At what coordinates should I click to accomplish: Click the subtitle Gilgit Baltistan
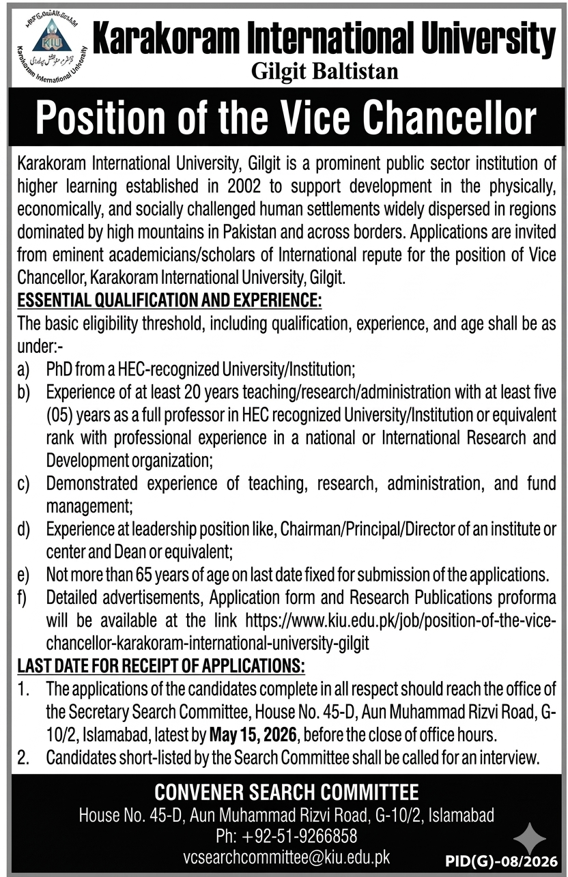tap(324, 70)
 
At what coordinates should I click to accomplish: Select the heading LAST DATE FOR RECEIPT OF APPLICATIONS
tap(161, 665)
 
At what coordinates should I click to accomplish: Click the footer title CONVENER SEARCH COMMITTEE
tap(287, 792)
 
